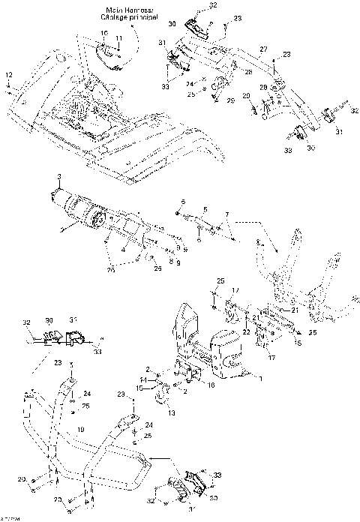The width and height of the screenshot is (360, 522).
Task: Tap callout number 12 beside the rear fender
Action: [x=9, y=75]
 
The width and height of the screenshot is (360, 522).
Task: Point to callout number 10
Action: [x=103, y=35]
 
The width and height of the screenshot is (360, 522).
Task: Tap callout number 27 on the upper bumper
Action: [x=263, y=49]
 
